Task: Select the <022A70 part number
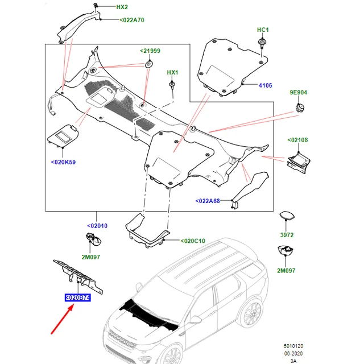point(131,20)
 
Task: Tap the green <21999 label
point(150,51)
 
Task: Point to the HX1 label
point(173,73)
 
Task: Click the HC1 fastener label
point(263,29)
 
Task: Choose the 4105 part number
point(266,85)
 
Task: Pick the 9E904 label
point(298,92)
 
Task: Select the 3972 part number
point(287,234)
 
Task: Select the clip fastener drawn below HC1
point(263,43)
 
